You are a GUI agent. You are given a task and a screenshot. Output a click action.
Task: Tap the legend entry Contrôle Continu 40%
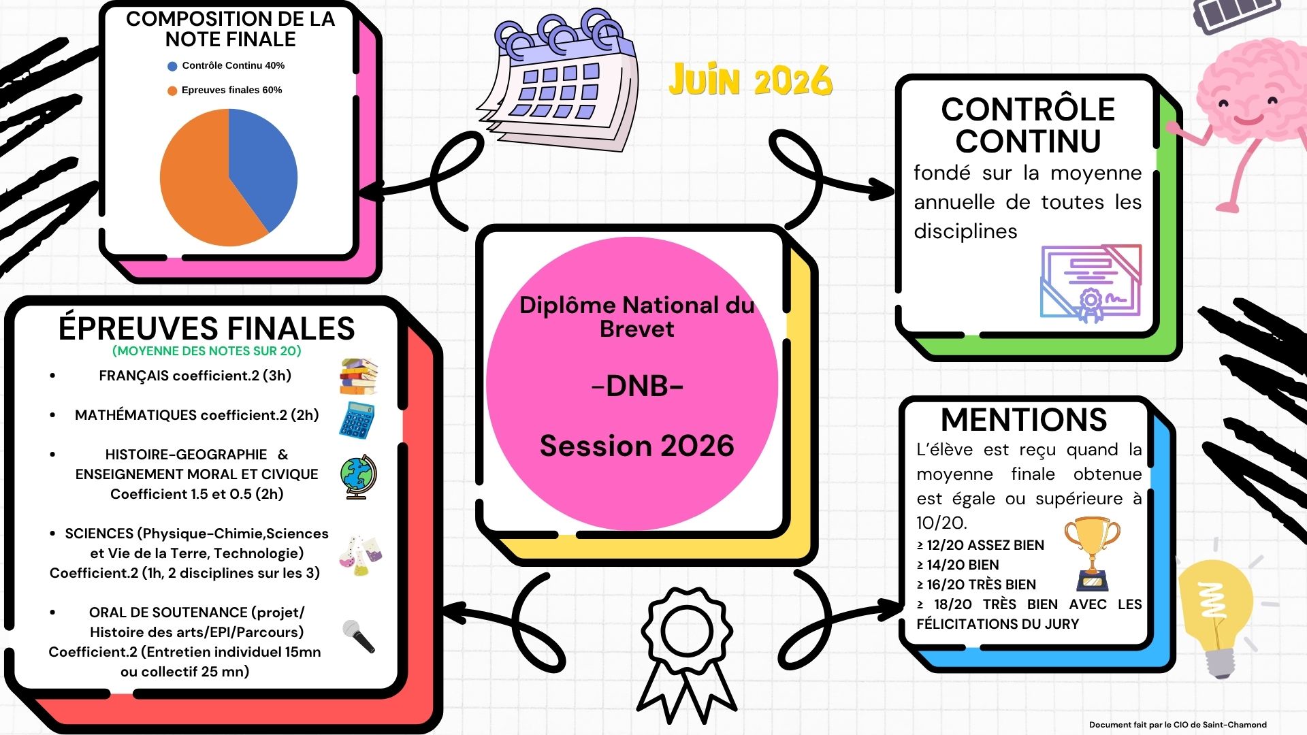[227, 66]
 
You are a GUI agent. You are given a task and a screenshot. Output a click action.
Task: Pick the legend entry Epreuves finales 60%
[225, 90]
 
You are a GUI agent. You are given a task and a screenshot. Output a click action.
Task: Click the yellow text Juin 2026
[750, 80]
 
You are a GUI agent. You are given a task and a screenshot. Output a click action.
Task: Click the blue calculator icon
[357, 420]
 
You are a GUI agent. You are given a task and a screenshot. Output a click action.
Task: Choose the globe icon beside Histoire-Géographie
[357, 477]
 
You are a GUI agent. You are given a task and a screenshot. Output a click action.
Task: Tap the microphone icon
[359, 636]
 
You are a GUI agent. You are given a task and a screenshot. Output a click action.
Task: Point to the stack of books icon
[358, 376]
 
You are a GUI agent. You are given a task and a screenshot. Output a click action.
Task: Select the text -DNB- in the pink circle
[637, 386]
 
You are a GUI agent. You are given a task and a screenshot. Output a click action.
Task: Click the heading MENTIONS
[1024, 420]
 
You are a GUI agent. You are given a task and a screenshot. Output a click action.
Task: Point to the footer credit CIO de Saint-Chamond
[1220, 725]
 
